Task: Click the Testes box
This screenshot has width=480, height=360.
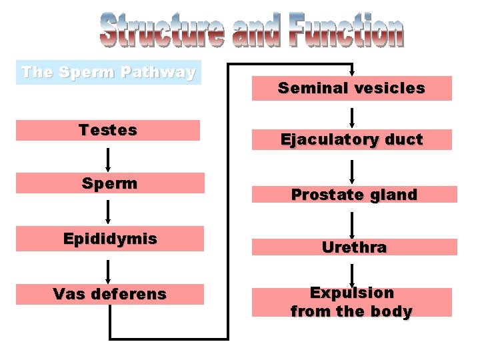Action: tap(107, 130)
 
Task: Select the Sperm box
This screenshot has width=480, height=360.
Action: tap(109, 183)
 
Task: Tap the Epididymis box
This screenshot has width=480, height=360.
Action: tap(109, 239)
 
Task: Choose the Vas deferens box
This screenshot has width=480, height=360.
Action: tap(109, 294)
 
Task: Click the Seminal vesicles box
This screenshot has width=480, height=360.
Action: tap(351, 88)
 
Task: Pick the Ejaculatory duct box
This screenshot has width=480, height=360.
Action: tap(351, 139)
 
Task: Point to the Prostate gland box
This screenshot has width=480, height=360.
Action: tap(354, 195)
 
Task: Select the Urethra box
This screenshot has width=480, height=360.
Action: tap(354, 247)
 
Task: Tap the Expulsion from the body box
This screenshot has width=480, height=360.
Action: tap(351, 302)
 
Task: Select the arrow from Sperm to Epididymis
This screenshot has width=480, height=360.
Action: tap(107, 213)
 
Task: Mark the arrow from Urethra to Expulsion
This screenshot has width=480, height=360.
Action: tap(352, 275)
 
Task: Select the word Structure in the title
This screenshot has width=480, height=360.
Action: tap(161, 32)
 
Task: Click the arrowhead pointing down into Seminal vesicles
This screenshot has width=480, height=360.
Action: tap(352, 73)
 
